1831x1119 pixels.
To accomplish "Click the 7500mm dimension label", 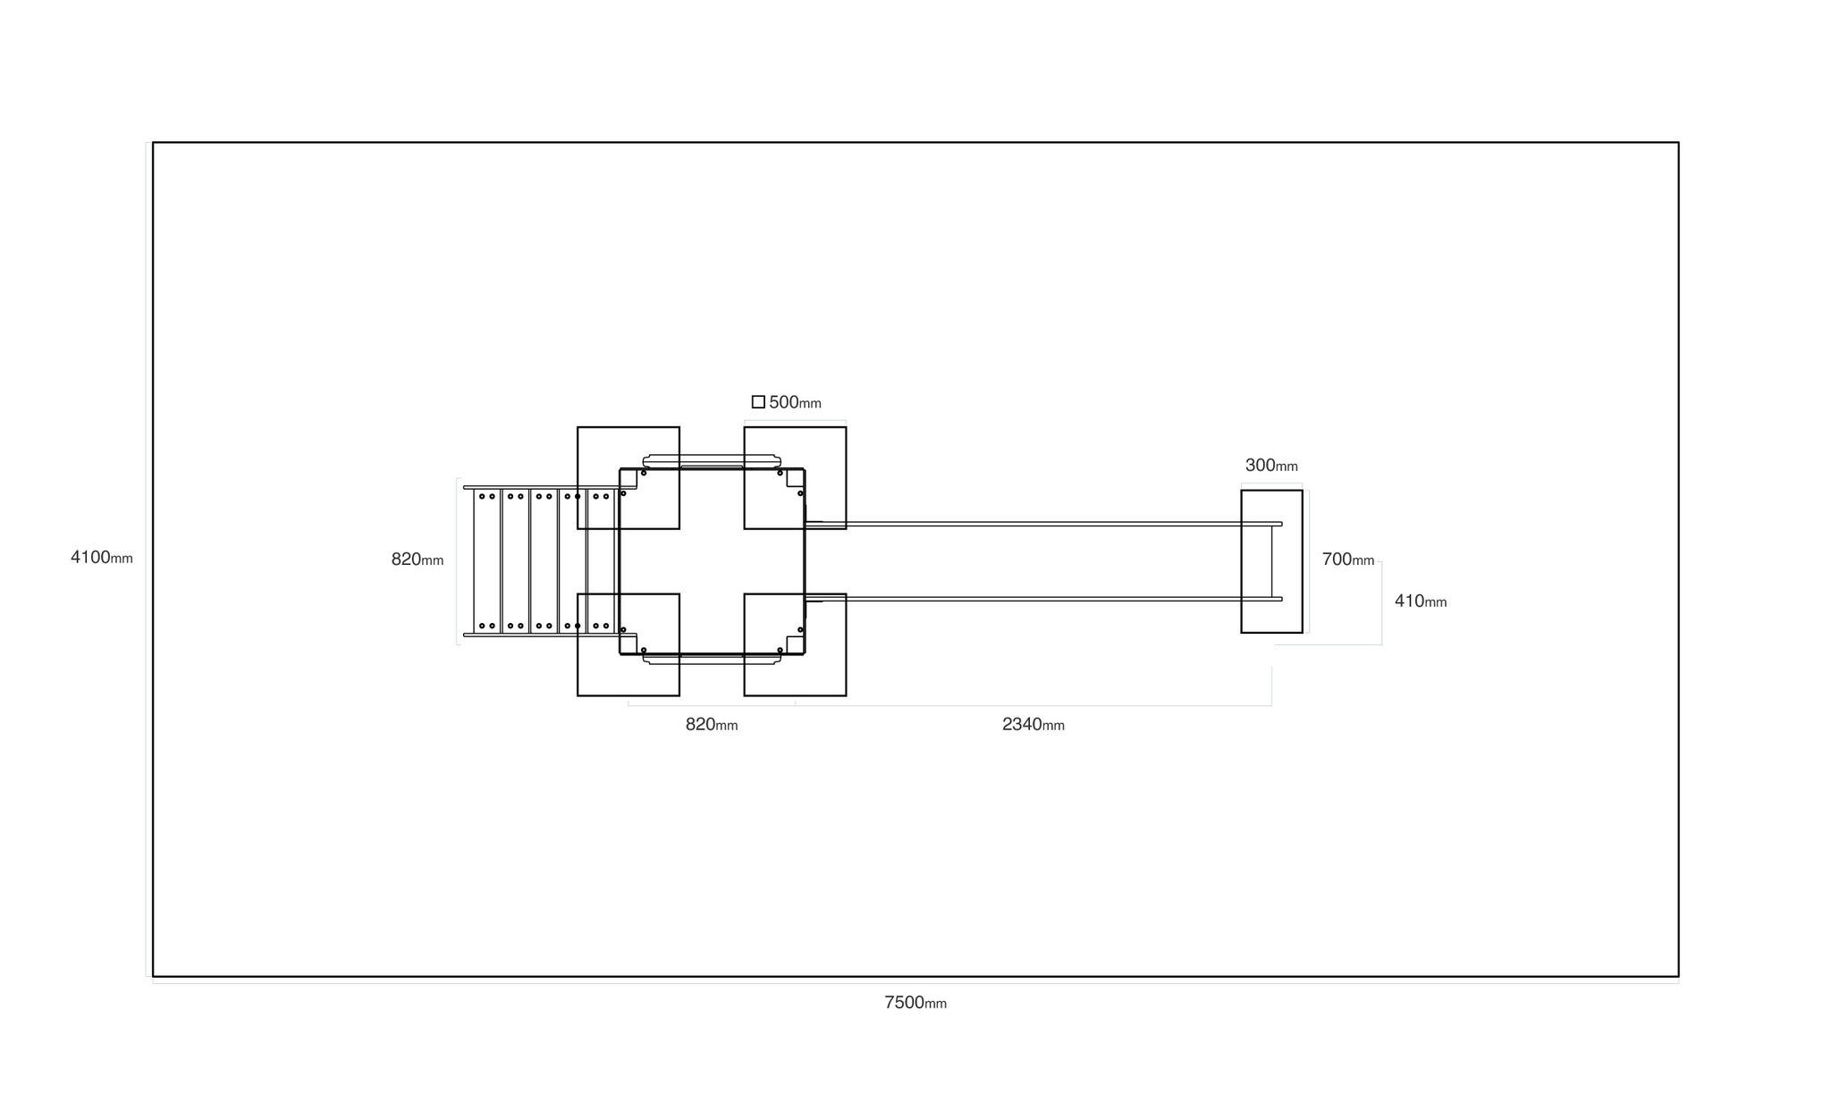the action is [915, 1003].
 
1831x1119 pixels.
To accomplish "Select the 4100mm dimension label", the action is [102, 558].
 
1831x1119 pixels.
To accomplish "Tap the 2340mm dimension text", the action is [1034, 725].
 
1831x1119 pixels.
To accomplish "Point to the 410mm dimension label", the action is [1421, 602].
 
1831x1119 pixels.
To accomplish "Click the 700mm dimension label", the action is [1348, 559].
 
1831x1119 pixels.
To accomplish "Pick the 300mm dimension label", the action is [1271, 466].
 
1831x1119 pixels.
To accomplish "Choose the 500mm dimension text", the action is [795, 402].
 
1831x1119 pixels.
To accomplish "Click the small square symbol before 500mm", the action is [758, 402].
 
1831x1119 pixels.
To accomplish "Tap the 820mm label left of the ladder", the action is [418, 559].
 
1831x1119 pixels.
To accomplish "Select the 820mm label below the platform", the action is [712, 725].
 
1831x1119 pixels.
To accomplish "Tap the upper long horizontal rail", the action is [1043, 524].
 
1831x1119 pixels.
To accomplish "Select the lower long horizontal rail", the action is [1043, 599].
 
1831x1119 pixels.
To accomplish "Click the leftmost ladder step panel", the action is [486, 561].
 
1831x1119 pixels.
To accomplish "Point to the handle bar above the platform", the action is [712, 461].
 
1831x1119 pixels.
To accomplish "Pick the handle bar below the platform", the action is [712, 660].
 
